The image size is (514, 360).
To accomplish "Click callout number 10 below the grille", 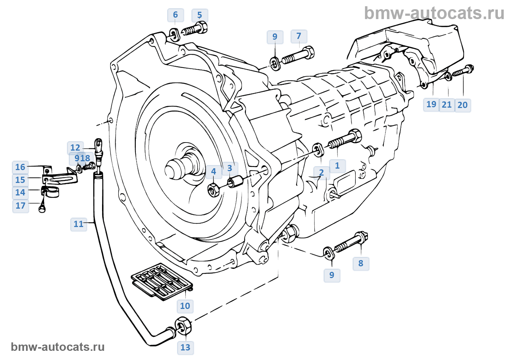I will point(185,306).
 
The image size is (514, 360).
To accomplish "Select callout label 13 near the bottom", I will point(185,348).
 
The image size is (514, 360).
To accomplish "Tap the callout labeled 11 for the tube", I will point(79,224).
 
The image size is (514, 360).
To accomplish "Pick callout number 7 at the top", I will point(299,36).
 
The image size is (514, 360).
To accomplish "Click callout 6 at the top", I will point(175,15).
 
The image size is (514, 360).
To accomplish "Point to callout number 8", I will point(361,263).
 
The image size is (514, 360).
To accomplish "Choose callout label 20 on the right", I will point(463,105).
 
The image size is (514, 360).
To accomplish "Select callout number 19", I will point(431,105).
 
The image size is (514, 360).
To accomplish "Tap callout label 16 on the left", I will point(20,168).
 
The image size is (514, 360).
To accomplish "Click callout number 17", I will point(21,206).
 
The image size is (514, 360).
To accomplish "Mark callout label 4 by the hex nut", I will point(214,172).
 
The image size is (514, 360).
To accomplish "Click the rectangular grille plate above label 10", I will point(162,281).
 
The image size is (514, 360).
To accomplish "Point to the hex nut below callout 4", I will point(214,189).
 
